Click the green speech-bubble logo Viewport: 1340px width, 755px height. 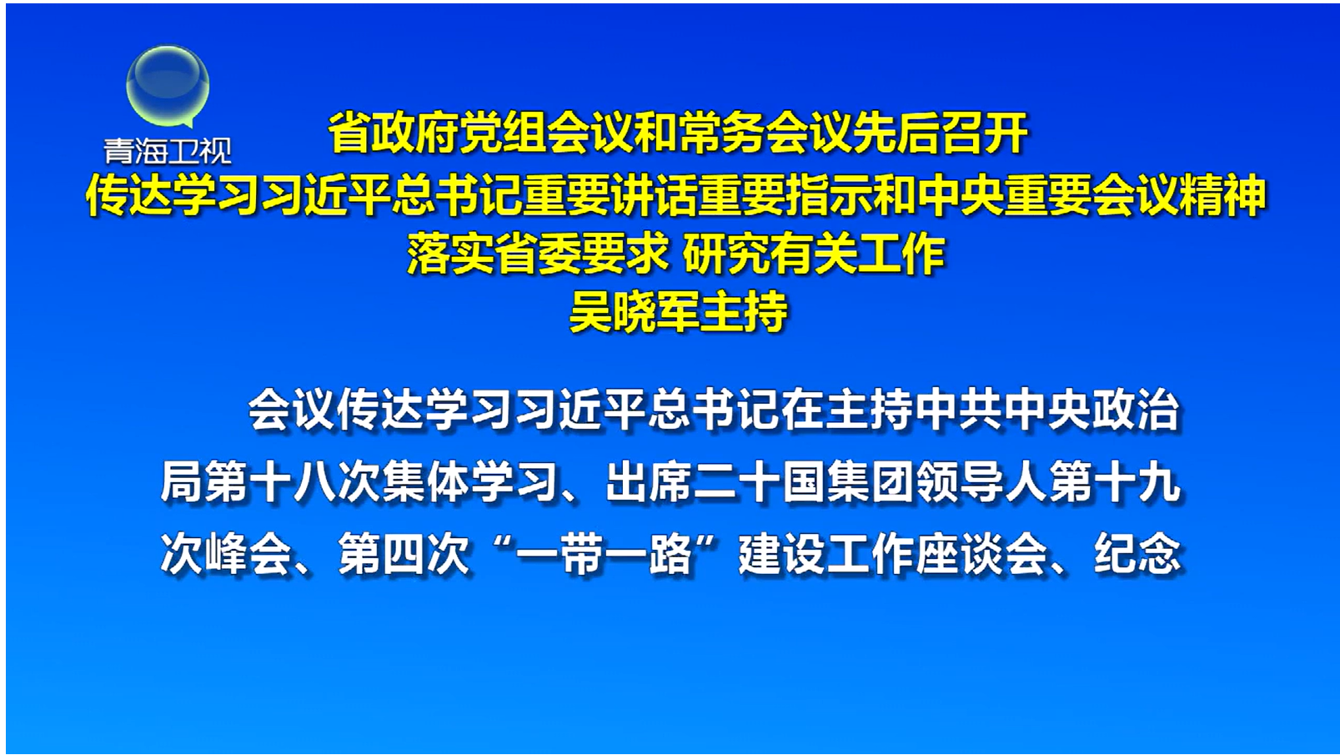[168, 86]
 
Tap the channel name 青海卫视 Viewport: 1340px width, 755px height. [168, 152]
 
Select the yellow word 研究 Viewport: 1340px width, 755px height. [725, 254]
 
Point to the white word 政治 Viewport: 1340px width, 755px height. [1136, 410]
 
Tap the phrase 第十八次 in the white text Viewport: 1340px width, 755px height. [294, 482]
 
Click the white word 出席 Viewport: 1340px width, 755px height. [649, 482]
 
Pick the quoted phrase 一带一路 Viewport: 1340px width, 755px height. [605, 554]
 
